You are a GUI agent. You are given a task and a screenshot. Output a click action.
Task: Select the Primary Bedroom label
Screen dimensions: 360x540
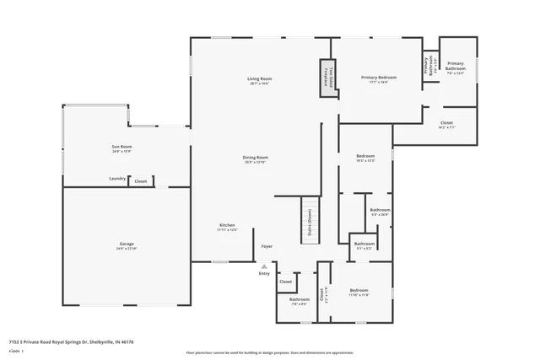pyautogui.click(x=379, y=79)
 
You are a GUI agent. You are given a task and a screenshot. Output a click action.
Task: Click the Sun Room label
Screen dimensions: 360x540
pyautogui.click(x=121, y=148)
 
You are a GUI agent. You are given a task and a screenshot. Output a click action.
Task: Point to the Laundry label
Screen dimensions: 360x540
pyautogui.click(x=117, y=179)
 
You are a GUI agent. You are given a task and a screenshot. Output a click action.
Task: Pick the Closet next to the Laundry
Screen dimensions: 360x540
pyautogui.click(x=140, y=181)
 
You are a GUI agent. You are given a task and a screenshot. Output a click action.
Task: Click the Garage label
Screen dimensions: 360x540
pyautogui.click(x=126, y=245)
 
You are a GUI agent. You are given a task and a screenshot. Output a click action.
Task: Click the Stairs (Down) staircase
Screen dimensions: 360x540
pyautogui.click(x=309, y=225)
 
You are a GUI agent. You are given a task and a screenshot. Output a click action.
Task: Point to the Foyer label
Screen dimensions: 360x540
pyautogui.click(x=267, y=246)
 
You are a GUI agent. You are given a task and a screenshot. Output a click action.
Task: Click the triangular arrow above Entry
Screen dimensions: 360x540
pyautogui.click(x=264, y=266)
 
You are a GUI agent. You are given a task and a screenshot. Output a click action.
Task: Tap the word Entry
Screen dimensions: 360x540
pyautogui.click(x=264, y=273)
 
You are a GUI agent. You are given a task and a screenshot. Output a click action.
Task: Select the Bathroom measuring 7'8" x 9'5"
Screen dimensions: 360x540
pyautogui.click(x=300, y=301)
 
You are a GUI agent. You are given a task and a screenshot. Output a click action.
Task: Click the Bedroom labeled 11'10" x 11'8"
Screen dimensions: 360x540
pyautogui.click(x=360, y=292)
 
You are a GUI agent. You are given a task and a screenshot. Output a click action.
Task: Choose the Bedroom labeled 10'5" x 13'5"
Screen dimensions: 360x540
pyautogui.click(x=365, y=159)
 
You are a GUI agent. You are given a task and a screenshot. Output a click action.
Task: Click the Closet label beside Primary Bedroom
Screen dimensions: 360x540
pyautogui.click(x=446, y=125)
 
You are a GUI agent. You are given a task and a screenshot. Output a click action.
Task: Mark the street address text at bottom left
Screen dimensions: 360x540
pyautogui.click(x=72, y=341)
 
